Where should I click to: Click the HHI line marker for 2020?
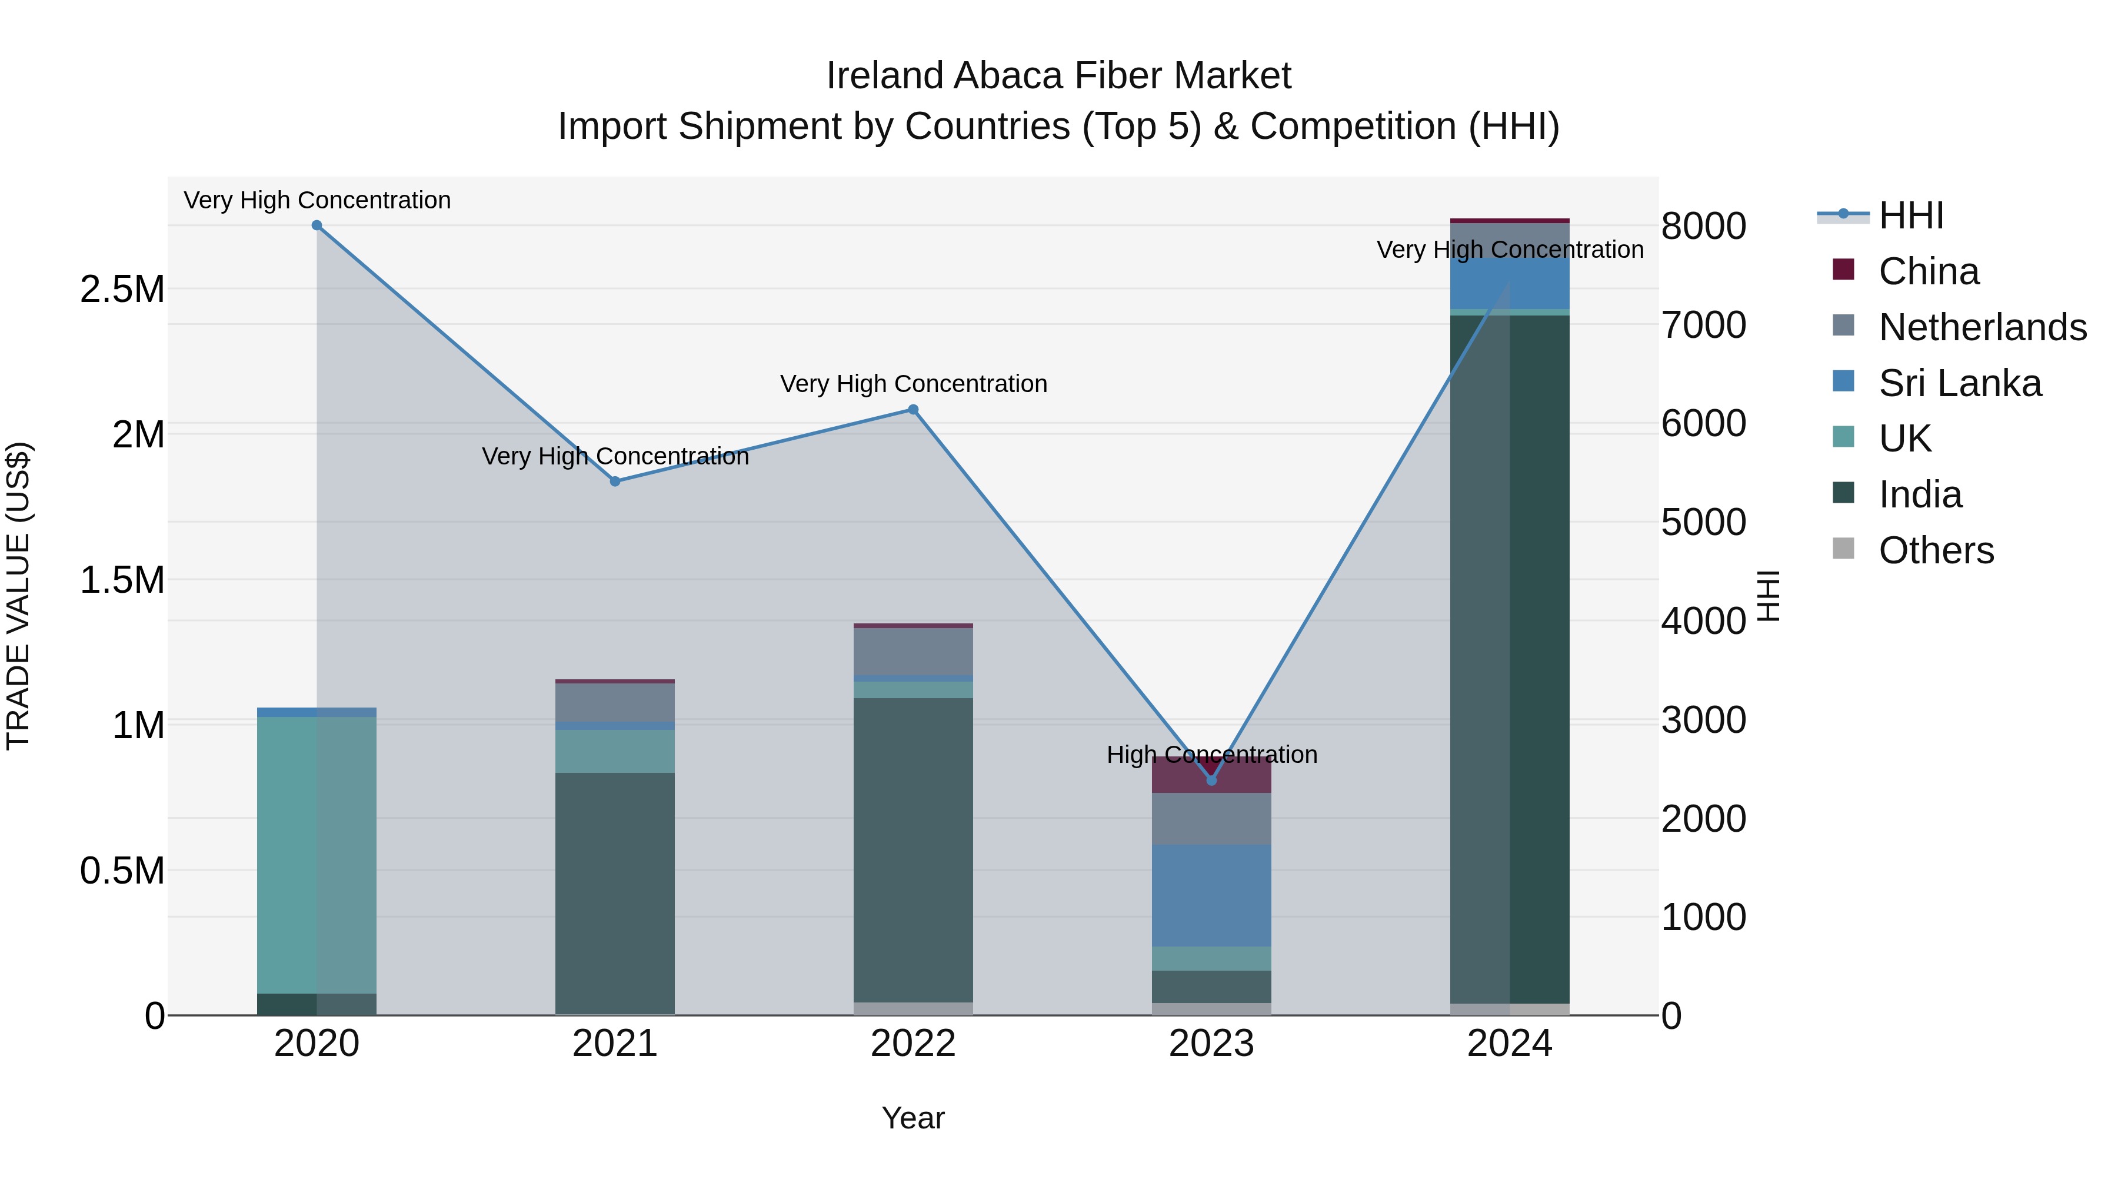point(317,225)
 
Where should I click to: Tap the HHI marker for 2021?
point(615,482)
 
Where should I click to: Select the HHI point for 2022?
point(913,410)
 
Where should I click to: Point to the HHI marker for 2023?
point(1211,780)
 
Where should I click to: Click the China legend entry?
point(1928,271)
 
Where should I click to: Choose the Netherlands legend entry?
point(1982,327)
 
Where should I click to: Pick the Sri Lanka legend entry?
point(1959,383)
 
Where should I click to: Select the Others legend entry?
point(1936,550)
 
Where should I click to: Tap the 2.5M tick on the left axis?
point(122,290)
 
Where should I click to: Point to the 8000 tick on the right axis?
point(1704,226)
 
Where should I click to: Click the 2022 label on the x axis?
point(913,1044)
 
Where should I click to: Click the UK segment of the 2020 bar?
point(317,855)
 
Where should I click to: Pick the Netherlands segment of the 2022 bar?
point(913,652)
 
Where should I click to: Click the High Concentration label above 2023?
point(1211,755)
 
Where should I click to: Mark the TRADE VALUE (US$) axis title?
point(18,596)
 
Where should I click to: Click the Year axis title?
point(913,1118)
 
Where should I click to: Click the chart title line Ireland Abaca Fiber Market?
point(1058,76)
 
